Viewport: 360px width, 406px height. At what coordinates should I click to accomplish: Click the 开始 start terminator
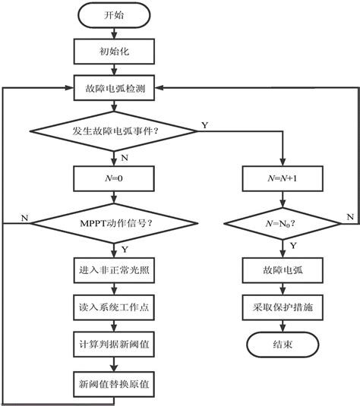(x=115, y=16)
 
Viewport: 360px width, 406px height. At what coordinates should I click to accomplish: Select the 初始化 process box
(x=115, y=52)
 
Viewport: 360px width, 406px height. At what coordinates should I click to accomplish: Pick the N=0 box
(x=115, y=179)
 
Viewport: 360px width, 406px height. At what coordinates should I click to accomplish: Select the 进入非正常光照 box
(x=115, y=271)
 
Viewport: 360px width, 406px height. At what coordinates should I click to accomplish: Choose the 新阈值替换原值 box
(x=115, y=382)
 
